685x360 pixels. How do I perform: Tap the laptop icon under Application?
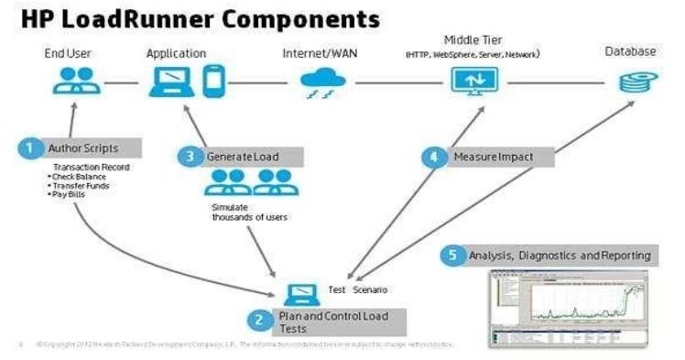click(x=170, y=82)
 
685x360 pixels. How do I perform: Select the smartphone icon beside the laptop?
click(x=213, y=81)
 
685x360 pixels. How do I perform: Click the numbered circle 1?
click(x=29, y=147)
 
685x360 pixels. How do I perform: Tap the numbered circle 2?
click(x=259, y=321)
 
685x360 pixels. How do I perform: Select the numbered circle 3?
click(x=190, y=157)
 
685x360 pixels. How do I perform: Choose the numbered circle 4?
click(x=434, y=157)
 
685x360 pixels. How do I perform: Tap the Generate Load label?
click(x=242, y=157)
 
